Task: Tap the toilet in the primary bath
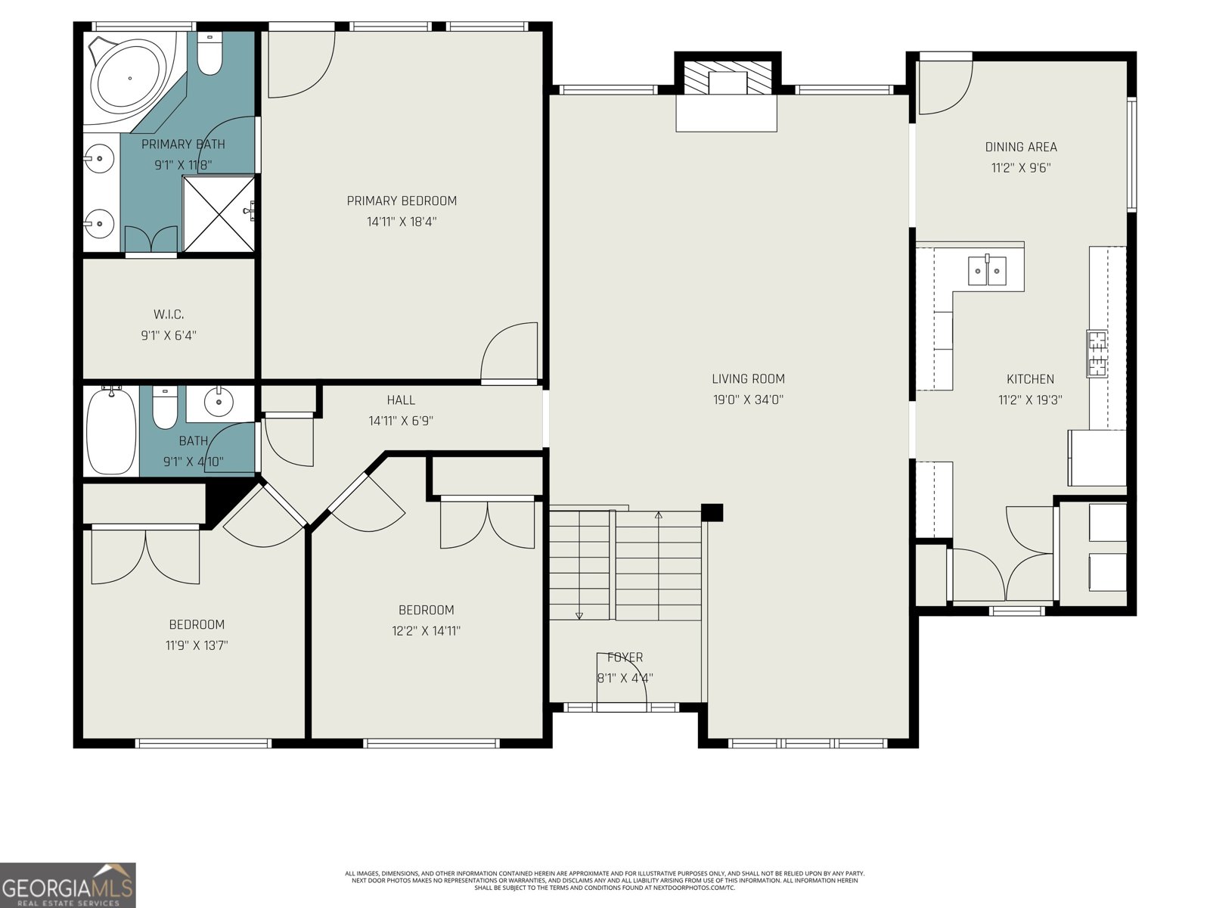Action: click(209, 54)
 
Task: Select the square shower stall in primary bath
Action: click(219, 213)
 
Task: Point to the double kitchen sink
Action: click(987, 271)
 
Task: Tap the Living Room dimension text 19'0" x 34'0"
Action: click(747, 400)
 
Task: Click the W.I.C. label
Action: click(169, 314)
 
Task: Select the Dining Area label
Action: click(1021, 147)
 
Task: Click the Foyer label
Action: click(625, 658)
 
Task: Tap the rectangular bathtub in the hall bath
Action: click(111, 431)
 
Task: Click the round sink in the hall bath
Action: click(219, 402)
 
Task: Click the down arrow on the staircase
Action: click(579, 614)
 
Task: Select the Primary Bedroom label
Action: click(402, 201)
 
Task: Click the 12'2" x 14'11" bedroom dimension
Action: click(427, 630)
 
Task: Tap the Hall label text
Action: click(401, 400)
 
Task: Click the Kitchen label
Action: click(1030, 379)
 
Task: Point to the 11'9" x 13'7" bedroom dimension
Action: click(197, 645)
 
